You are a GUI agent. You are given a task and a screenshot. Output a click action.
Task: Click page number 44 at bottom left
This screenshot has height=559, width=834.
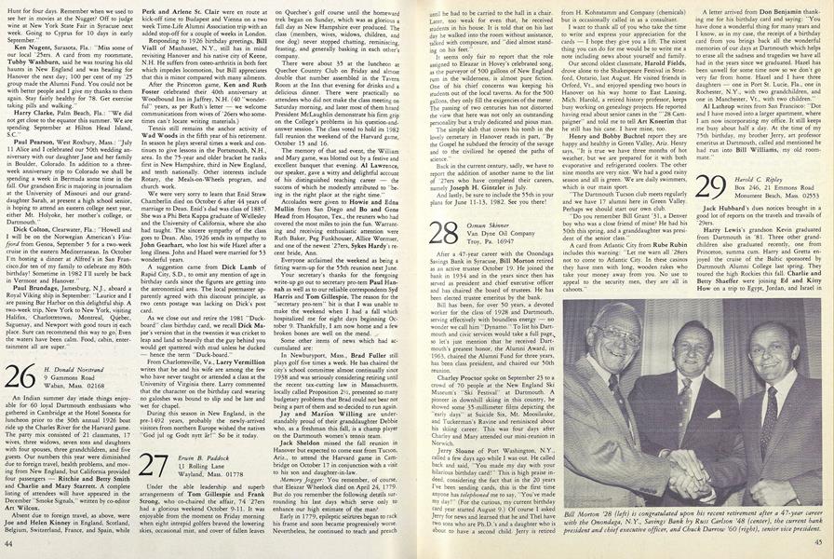tap(9, 541)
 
